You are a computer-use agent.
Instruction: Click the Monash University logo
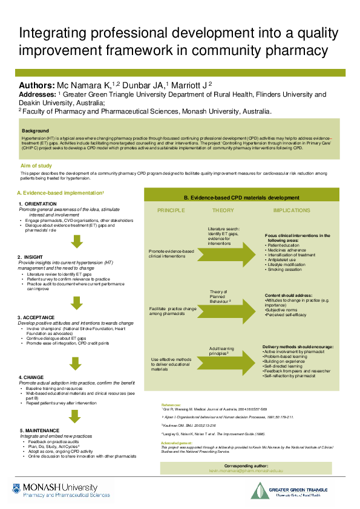point(55,491)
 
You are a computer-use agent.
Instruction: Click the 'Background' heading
point(35,131)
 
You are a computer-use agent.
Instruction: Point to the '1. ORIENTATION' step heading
point(38,204)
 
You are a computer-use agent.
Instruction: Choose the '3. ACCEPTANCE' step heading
point(37,317)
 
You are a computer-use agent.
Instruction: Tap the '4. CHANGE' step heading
point(31,377)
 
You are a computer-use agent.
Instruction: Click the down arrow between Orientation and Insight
point(76,241)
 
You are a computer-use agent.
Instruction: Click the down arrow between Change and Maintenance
point(76,416)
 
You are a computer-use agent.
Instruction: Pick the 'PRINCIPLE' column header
point(171,210)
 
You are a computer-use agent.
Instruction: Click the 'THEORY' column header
point(223,210)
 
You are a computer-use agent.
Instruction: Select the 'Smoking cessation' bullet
point(285,269)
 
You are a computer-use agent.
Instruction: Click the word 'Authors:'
point(38,85)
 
